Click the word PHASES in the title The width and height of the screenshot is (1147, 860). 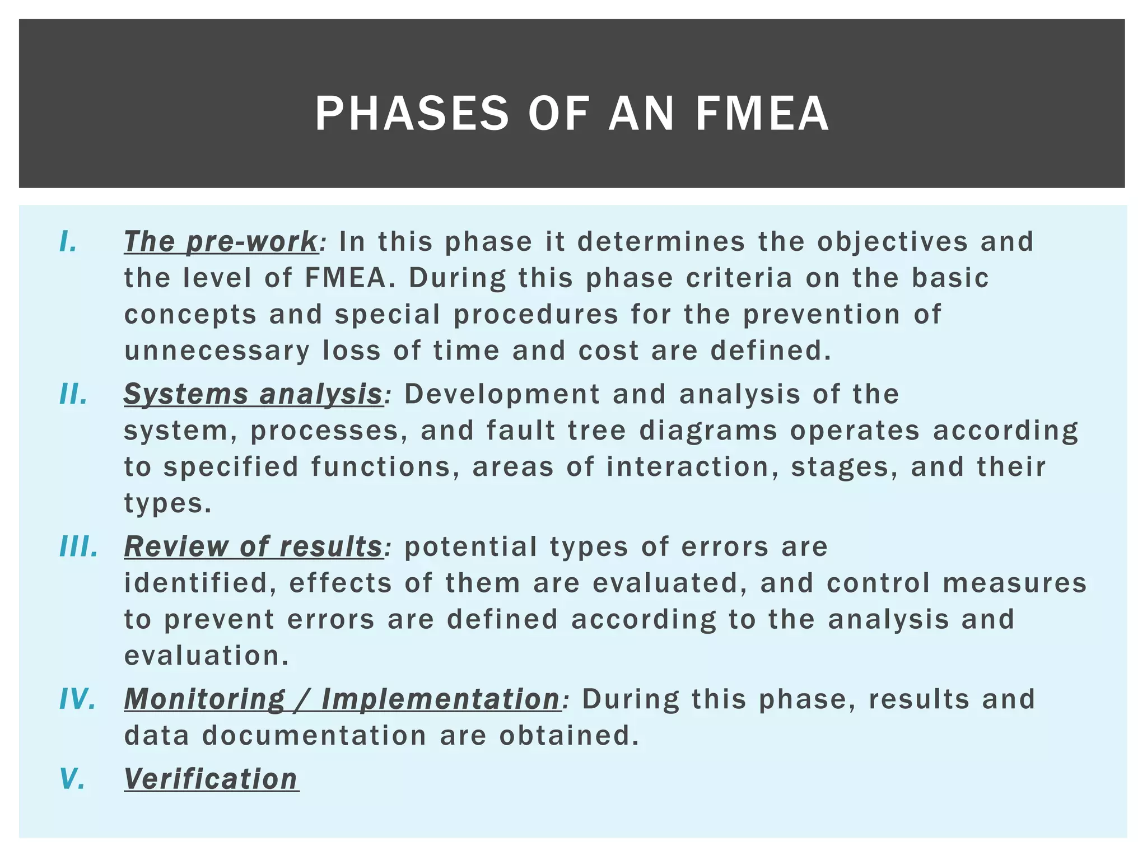point(412,114)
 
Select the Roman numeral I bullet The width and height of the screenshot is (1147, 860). point(68,242)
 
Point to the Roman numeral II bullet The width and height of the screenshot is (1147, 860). point(73,394)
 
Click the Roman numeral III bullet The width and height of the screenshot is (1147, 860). point(79,546)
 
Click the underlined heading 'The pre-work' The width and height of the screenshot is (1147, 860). point(221,242)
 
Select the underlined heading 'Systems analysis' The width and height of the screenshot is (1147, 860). point(253,394)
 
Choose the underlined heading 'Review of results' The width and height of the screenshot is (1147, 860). point(253,546)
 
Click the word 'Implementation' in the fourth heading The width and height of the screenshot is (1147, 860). point(441,699)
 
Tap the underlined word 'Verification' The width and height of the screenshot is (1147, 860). point(211,779)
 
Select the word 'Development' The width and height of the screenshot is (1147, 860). point(502,394)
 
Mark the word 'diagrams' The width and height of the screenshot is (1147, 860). point(708,431)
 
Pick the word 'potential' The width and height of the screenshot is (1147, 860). point(470,546)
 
